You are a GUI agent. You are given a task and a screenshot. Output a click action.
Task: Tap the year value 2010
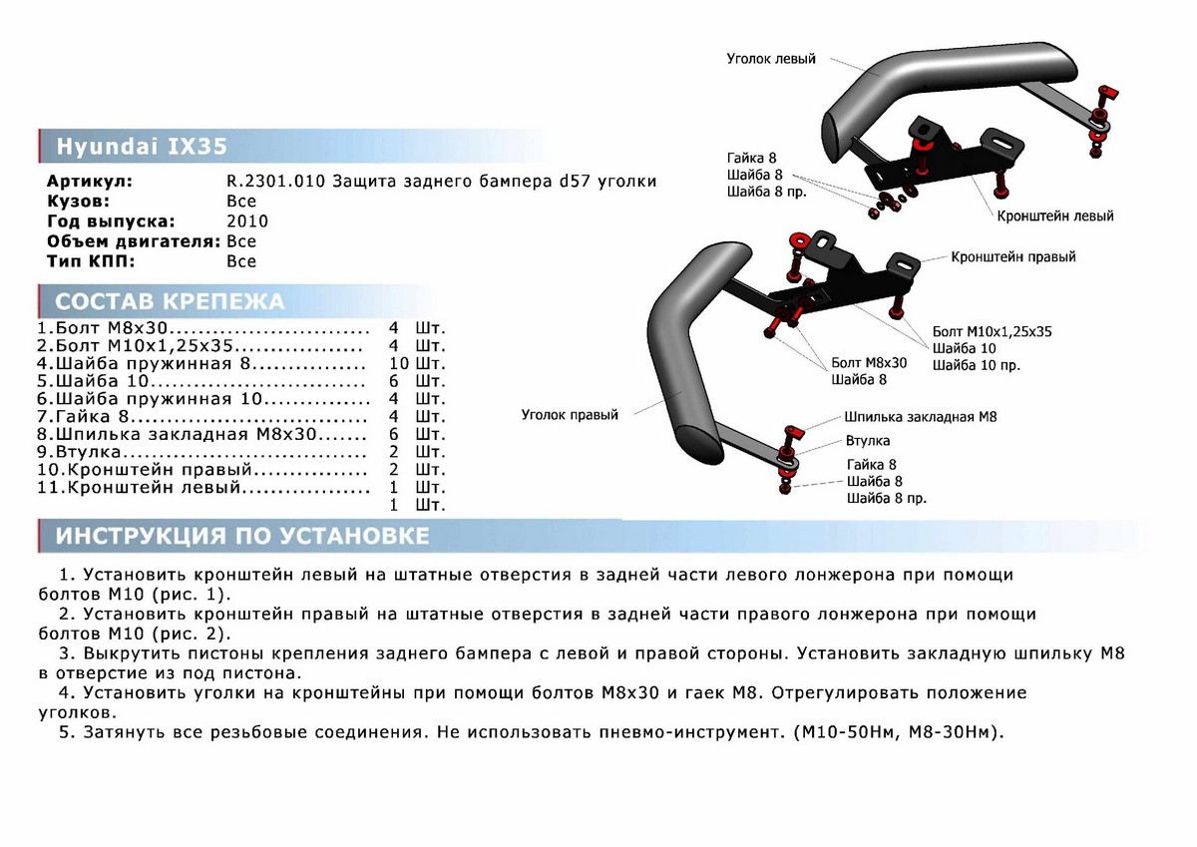[247, 221]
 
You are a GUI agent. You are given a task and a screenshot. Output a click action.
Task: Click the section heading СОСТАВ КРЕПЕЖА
[170, 302]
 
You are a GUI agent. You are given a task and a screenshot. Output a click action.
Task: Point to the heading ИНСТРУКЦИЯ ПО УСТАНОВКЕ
[242, 537]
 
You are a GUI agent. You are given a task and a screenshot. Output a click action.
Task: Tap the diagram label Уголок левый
[771, 59]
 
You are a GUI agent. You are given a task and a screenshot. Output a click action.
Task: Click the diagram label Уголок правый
[569, 415]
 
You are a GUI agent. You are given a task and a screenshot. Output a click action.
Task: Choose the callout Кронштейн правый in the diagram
[1013, 256]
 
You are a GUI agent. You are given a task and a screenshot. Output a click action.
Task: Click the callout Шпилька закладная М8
[920, 417]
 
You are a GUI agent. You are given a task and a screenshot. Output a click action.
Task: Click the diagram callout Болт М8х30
[869, 362]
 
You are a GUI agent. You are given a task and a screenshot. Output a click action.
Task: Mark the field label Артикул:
[89, 182]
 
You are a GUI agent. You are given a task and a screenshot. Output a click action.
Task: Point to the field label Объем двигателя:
[134, 241]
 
